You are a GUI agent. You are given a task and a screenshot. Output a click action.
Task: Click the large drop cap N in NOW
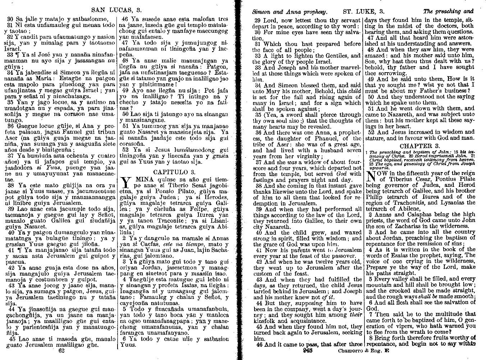371,177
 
